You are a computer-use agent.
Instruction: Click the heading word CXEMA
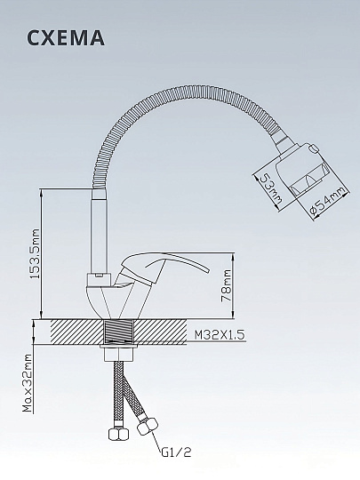[x=66, y=38]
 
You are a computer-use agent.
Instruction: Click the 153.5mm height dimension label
[x=36, y=253]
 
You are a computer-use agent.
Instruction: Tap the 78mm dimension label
[x=228, y=285]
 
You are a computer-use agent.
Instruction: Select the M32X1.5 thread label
[x=220, y=335]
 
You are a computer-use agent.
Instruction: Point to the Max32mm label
[x=28, y=383]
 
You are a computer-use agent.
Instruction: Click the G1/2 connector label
[x=176, y=452]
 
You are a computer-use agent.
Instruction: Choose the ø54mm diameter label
[x=328, y=203]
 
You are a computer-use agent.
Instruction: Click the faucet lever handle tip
[x=207, y=270]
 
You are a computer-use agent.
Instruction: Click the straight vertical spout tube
[x=100, y=231]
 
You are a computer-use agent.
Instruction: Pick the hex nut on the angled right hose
[x=148, y=425]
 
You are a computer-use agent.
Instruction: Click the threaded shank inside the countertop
[x=118, y=332]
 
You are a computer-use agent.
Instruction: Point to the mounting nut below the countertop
[x=118, y=353]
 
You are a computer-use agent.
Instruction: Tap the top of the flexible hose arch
[x=184, y=92]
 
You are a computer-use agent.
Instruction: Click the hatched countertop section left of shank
[x=76, y=332]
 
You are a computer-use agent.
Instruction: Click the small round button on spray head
[x=314, y=149]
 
